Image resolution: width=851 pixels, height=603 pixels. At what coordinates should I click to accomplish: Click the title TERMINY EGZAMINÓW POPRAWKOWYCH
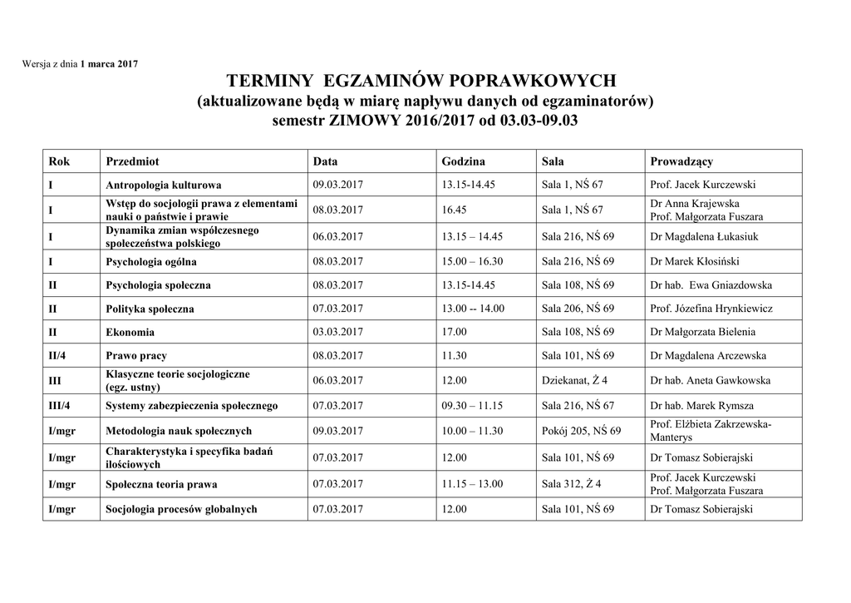point(421,82)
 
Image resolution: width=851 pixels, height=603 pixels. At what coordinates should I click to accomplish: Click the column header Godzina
point(463,161)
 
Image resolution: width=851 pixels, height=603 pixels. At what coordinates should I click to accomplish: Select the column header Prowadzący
point(681,161)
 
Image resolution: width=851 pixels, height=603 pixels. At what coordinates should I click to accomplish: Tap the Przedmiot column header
point(132,161)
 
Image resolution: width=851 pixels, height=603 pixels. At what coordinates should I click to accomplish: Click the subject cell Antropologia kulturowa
point(163,185)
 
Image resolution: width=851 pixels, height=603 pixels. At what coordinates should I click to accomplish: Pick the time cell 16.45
point(454,210)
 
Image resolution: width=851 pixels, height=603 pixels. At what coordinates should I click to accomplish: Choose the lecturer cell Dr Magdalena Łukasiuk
point(704,236)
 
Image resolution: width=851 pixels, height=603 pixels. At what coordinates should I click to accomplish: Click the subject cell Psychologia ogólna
point(151,261)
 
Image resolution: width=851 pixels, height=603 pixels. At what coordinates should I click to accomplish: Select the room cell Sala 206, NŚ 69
point(578,309)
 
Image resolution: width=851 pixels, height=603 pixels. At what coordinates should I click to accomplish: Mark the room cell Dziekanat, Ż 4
point(574,381)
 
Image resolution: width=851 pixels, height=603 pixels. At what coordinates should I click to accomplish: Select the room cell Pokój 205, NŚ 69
point(581,431)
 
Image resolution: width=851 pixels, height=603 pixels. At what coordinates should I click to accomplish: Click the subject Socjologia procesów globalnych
point(181,509)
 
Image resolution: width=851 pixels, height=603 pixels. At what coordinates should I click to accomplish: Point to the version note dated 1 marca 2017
point(80,64)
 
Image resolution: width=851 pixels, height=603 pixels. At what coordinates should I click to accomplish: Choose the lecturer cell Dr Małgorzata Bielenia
point(702,332)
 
